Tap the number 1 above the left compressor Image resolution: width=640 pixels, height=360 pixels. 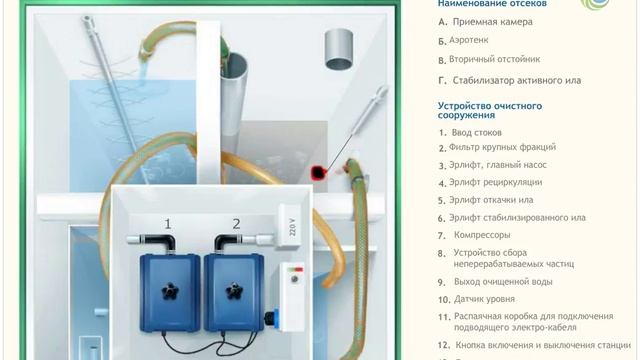tap(168, 223)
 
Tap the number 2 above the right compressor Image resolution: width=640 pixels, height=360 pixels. tap(237, 223)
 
